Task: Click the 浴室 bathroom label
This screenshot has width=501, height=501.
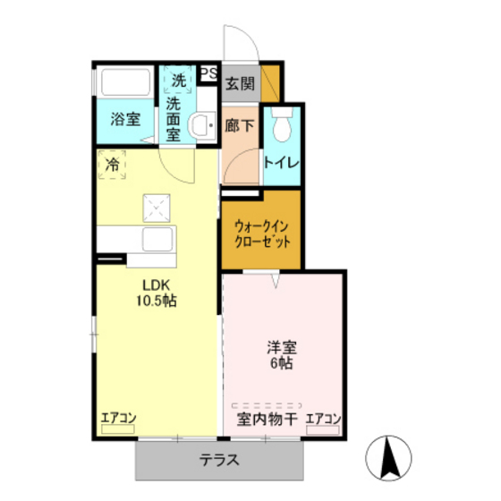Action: pos(124,118)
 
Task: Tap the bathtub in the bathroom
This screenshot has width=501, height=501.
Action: pos(125,85)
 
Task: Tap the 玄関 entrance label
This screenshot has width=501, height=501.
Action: pos(239,86)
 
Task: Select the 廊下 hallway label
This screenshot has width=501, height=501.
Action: pos(239,127)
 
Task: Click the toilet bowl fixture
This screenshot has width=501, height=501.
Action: pos(283,126)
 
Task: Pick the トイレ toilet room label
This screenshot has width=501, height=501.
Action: pos(282,163)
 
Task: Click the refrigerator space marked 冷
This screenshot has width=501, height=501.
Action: pos(113,165)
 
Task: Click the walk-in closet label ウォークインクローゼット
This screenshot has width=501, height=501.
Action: pos(261,234)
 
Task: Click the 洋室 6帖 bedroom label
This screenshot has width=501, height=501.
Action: pos(283,355)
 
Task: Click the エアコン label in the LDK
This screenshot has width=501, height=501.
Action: pos(117,417)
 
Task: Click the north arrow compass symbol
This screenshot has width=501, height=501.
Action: pos(390,457)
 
